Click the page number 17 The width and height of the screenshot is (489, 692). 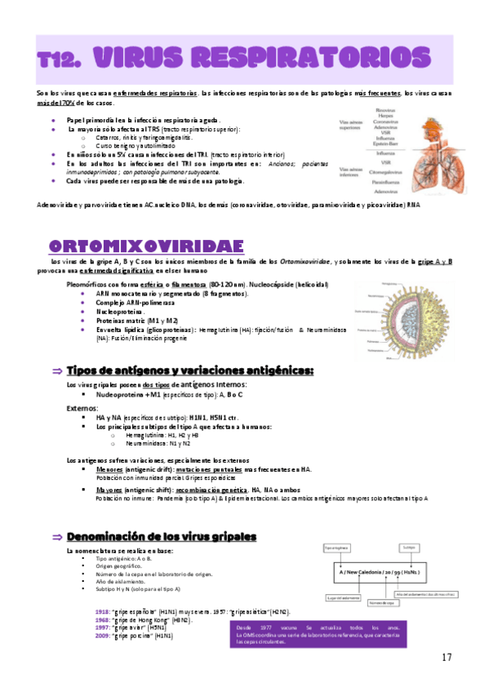[446, 658]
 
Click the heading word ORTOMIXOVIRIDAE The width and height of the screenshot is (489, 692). [146, 246]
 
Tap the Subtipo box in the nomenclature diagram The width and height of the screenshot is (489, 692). [410, 547]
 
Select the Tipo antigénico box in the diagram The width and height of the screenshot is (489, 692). [338, 547]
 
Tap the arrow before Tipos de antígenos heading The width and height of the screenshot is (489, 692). [57, 371]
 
